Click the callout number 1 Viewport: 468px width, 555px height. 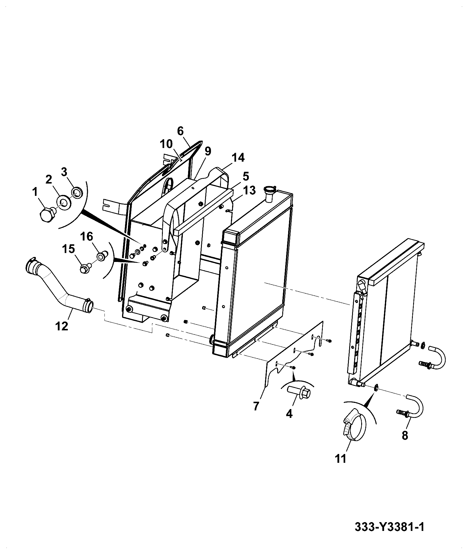click(x=35, y=193)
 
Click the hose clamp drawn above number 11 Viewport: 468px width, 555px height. click(x=354, y=431)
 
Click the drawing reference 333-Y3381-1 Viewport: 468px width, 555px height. click(x=389, y=535)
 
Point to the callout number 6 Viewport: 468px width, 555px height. click(x=180, y=131)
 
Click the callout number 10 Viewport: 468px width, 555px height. click(x=167, y=144)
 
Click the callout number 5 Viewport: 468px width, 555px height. click(x=246, y=176)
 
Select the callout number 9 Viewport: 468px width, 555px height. click(x=207, y=151)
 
